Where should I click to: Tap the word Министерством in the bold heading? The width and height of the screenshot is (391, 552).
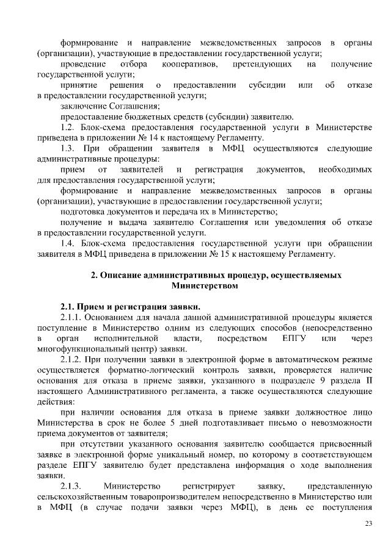point(204,285)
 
